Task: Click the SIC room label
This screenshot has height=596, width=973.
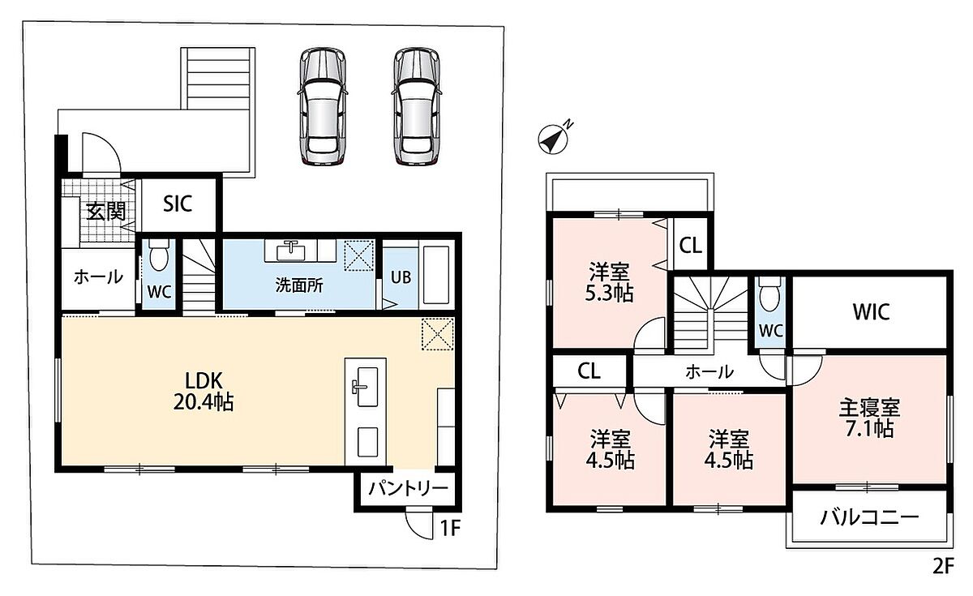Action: (x=178, y=204)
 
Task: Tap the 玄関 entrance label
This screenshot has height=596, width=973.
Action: (x=106, y=212)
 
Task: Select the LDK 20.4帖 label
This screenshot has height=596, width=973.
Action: (x=204, y=392)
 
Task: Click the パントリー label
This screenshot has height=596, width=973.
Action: (x=408, y=489)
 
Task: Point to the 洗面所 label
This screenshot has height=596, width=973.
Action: (x=299, y=285)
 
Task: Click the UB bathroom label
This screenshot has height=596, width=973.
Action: (x=401, y=277)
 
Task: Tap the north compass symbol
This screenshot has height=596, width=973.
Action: (x=553, y=138)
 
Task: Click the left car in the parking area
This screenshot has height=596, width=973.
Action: (x=323, y=106)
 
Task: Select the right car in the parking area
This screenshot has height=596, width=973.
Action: (x=417, y=106)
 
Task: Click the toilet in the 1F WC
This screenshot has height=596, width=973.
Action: (x=159, y=255)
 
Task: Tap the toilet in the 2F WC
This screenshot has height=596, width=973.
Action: (x=769, y=294)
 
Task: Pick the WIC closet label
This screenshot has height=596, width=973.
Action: (x=871, y=311)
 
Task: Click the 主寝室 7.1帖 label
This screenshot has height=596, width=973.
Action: (x=869, y=418)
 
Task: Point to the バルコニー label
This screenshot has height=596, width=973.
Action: (x=869, y=517)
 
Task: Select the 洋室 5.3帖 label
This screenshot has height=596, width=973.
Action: (x=609, y=282)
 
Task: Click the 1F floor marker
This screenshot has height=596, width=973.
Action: (x=450, y=528)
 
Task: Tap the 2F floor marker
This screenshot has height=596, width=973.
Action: (x=943, y=566)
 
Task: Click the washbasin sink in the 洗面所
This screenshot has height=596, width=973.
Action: (x=290, y=251)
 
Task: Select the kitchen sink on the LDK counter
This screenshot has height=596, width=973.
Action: (x=367, y=386)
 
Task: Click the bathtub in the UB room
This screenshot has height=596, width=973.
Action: (x=436, y=276)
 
